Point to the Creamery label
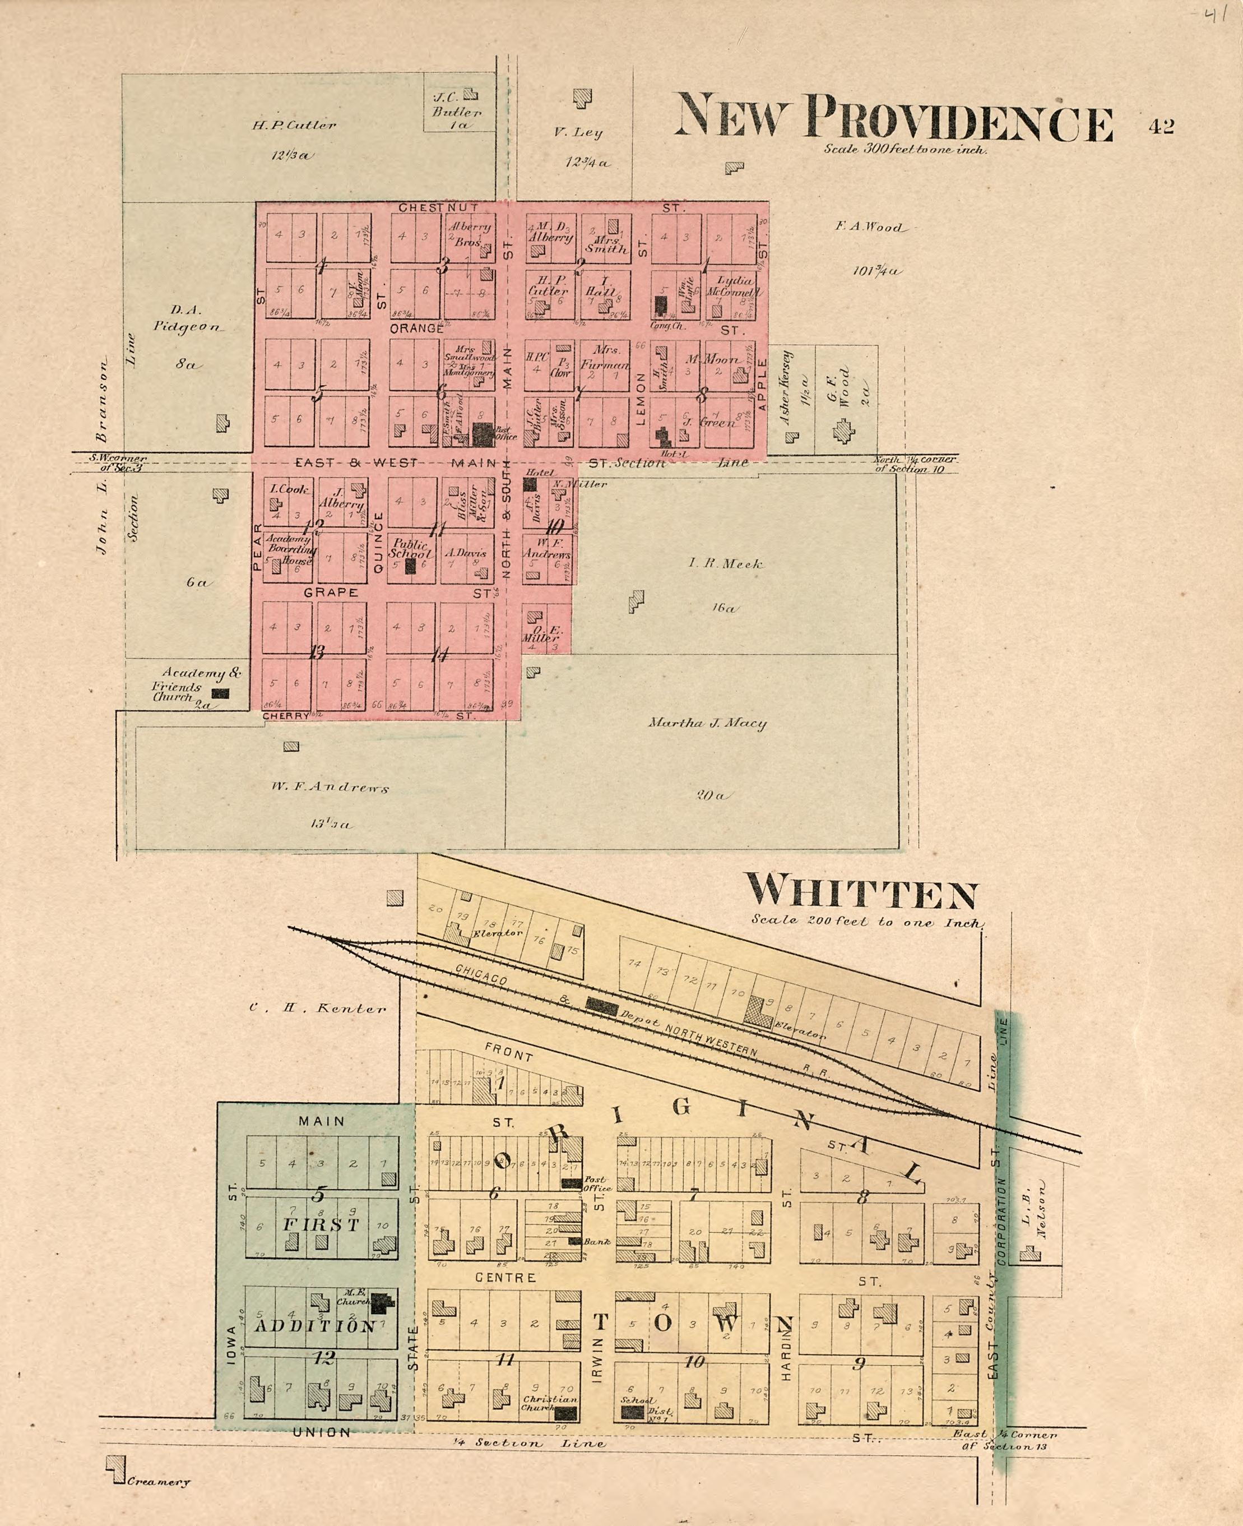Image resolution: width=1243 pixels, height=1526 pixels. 159,1482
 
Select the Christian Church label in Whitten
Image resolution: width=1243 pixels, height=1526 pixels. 549,1404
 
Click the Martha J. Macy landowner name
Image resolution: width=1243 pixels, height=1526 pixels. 707,723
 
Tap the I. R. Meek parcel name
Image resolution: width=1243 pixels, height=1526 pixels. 725,563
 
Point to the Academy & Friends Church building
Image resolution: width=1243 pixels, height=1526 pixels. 219,693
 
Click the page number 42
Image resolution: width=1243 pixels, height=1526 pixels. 1161,127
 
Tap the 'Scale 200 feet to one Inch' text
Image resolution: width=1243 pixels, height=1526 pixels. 867,922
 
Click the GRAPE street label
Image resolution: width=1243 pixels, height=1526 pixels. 330,593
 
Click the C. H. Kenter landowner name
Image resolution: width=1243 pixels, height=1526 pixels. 317,1008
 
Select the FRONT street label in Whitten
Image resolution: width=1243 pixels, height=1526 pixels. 508,1051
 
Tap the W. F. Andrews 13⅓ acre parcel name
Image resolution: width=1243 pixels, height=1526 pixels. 330,788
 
